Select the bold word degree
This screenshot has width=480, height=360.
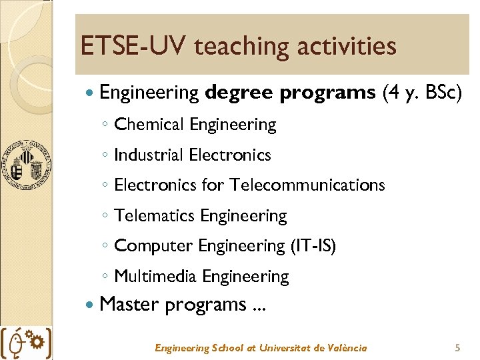(x=239, y=93)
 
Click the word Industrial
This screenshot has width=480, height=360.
(x=149, y=155)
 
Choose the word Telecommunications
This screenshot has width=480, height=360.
(x=307, y=185)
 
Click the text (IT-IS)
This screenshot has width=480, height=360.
(x=313, y=246)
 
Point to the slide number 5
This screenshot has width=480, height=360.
(x=457, y=348)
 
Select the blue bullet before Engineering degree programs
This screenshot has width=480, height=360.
(x=91, y=93)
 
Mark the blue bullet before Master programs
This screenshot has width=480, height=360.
(x=91, y=305)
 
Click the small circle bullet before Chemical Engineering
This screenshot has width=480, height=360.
(x=105, y=125)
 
